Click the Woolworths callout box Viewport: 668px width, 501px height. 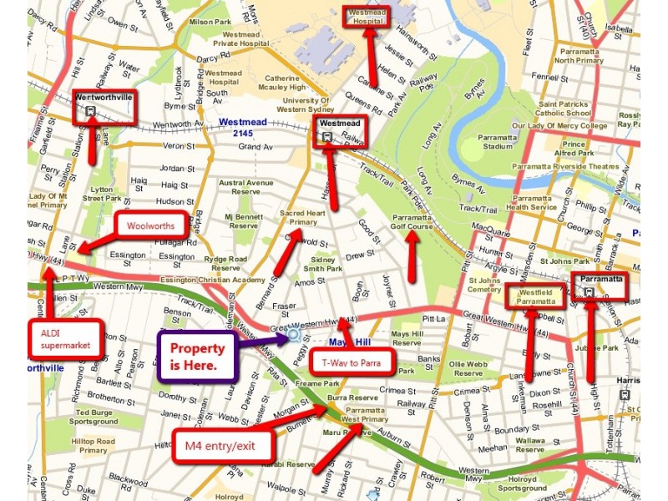[x=151, y=225]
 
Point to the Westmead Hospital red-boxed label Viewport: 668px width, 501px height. [x=367, y=18]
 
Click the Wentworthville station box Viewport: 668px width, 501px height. [x=104, y=107]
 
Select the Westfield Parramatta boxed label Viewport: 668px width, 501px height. [x=535, y=296]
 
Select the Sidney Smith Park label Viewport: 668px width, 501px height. [x=321, y=265]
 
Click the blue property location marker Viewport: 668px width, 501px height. [x=293, y=336]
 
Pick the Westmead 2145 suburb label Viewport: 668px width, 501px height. [x=243, y=128]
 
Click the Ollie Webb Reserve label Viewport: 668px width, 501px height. [x=468, y=368]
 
